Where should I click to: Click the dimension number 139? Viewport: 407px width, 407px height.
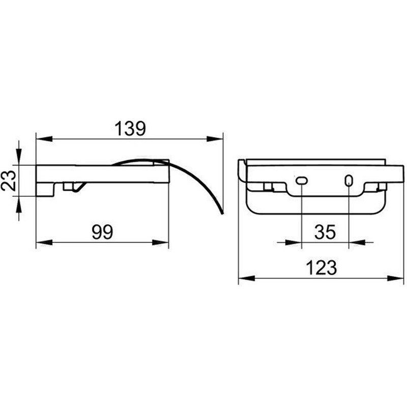[130, 129]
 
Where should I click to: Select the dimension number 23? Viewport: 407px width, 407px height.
[9, 181]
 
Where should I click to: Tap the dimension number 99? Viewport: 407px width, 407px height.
[103, 232]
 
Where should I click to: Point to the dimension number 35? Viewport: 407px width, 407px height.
[325, 232]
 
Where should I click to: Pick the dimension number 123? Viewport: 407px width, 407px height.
[322, 268]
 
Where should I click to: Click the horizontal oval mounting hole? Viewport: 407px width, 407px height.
[302, 180]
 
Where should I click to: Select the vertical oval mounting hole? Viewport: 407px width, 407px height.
[349, 181]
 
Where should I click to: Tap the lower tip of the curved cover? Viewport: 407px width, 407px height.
[222, 213]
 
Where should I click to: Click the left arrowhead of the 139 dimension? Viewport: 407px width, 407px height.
[44, 139]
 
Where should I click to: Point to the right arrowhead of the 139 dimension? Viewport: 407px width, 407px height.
[215, 139]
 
